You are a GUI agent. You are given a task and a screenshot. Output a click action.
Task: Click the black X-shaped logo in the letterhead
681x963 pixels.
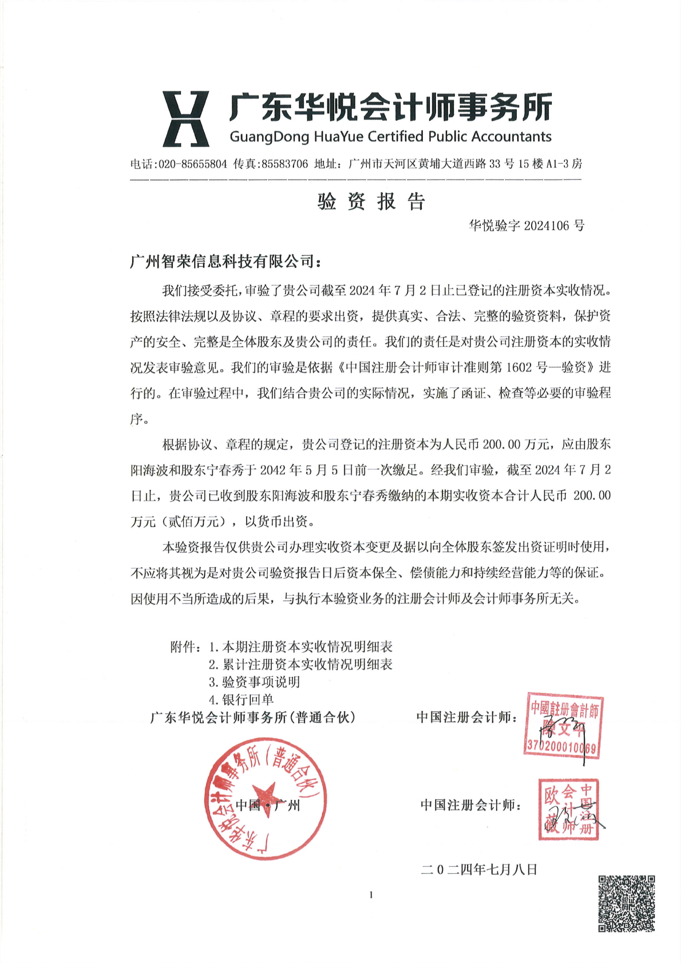pyautogui.click(x=185, y=118)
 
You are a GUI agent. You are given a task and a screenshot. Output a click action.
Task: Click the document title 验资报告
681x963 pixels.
pyautogui.click(x=371, y=201)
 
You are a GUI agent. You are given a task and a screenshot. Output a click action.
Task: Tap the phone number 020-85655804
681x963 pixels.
pyautogui.click(x=193, y=164)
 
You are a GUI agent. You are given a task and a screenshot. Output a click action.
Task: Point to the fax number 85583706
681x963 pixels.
pyautogui.click(x=284, y=164)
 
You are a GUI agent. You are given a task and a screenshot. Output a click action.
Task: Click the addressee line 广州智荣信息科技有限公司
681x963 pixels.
pyautogui.click(x=225, y=261)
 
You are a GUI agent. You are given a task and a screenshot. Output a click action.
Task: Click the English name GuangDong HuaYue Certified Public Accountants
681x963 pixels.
pyautogui.click(x=390, y=137)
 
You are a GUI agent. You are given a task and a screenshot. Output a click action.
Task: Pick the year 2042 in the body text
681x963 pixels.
pyautogui.click(x=273, y=470)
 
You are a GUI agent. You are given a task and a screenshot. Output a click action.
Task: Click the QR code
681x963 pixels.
pyautogui.click(x=626, y=903)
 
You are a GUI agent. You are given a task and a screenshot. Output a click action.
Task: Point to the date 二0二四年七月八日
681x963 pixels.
pyautogui.click(x=479, y=870)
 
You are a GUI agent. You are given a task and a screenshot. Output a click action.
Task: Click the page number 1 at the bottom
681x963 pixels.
pyautogui.click(x=371, y=895)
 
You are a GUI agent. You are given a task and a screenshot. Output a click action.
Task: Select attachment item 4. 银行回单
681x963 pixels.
pyautogui.click(x=241, y=699)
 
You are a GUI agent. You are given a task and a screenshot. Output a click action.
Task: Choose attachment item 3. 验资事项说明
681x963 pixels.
pyautogui.click(x=254, y=682)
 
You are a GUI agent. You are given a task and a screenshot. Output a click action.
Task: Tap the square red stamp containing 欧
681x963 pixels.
pyautogui.click(x=568, y=809)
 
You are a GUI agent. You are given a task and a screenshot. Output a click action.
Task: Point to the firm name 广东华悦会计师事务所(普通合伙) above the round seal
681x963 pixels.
pyautogui.click(x=253, y=718)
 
